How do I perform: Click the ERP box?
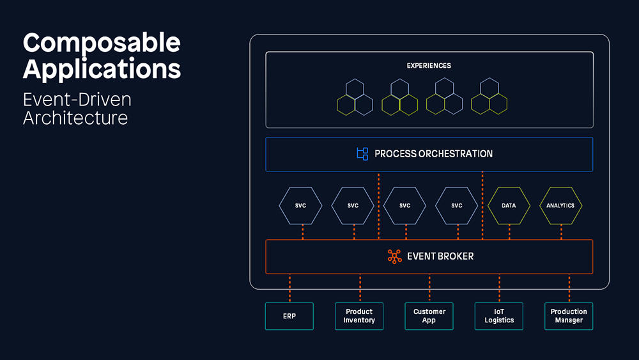click(289, 316)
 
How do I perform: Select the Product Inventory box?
click(359, 316)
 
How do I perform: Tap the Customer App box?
click(429, 316)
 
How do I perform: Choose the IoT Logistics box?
click(499, 316)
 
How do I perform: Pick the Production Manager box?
click(569, 316)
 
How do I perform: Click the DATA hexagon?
click(509, 205)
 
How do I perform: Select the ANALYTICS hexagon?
click(560, 205)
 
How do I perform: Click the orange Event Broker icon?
click(394, 256)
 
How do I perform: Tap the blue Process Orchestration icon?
click(362, 153)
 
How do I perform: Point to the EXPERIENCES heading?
click(429, 66)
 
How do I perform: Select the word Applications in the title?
click(102, 69)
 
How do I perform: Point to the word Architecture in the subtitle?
click(75, 118)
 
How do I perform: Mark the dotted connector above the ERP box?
click(289, 288)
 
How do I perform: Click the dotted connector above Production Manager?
click(569, 288)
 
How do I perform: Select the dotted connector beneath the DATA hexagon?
click(509, 232)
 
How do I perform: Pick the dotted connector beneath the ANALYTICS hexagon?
click(561, 232)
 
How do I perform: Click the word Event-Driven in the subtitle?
click(77, 100)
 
